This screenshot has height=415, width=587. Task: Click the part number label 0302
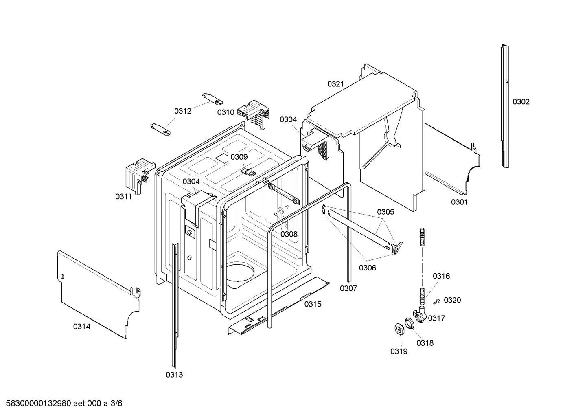point(521,102)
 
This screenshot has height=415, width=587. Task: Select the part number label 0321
point(335,84)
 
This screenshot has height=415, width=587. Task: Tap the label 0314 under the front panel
point(82,326)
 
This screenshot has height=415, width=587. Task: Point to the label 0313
point(174,375)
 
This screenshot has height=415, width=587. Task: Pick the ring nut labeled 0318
point(410,323)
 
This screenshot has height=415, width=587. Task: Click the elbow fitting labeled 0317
point(421,315)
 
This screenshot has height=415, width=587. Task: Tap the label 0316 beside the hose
point(441,276)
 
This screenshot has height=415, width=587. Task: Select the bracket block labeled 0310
point(254,113)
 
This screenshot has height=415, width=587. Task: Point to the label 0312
point(183,111)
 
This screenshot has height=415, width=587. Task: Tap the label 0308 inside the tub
point(289,234)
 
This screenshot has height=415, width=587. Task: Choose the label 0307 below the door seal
point(348,288)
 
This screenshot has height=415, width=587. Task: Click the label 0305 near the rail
point(385,212)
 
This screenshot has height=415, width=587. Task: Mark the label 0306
point(367,268)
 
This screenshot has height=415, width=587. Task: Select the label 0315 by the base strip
point(313,304)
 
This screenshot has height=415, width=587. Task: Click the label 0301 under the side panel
point(459,202)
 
